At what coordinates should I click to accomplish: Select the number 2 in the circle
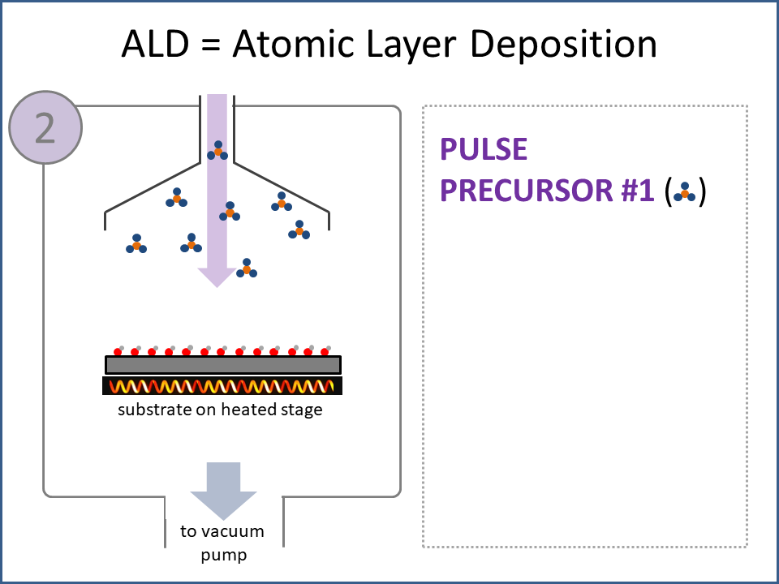tap(45, 128)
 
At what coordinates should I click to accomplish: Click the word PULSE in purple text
tap(484, 149)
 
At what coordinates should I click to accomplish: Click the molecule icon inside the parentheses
tap(685, 192)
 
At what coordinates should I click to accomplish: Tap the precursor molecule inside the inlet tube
tap(217, 151)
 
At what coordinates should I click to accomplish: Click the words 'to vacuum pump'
tap(222, 543)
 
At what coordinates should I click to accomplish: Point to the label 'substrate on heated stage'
tap(220, 410)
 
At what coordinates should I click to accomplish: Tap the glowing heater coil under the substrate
tap(222, 386)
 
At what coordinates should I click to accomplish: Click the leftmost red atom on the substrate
tap(117, 351)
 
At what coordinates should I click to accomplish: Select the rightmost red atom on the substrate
tap(325, 351)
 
